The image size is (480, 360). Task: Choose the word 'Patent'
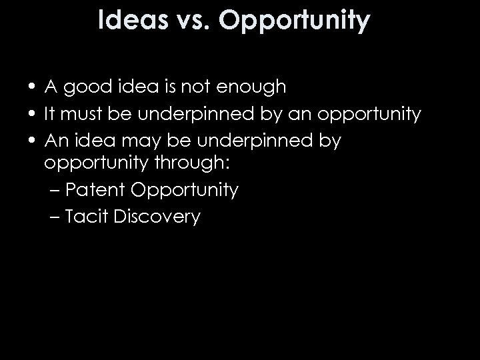point(96,190)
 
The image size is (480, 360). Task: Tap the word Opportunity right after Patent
point(185,191)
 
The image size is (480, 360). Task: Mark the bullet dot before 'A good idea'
point(32,87)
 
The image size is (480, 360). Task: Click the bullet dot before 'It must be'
point(32,114)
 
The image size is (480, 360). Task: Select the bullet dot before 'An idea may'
point(32,141)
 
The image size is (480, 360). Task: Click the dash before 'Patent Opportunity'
point(55,191)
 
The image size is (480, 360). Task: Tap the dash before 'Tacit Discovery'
point(55,217)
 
